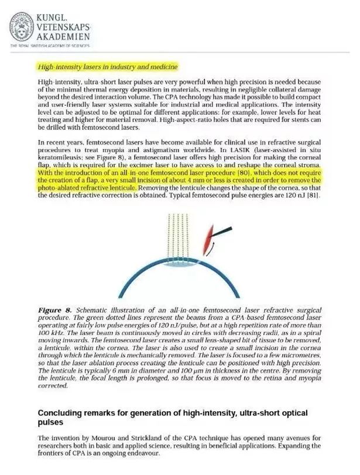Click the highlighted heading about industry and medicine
click(107, 66)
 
